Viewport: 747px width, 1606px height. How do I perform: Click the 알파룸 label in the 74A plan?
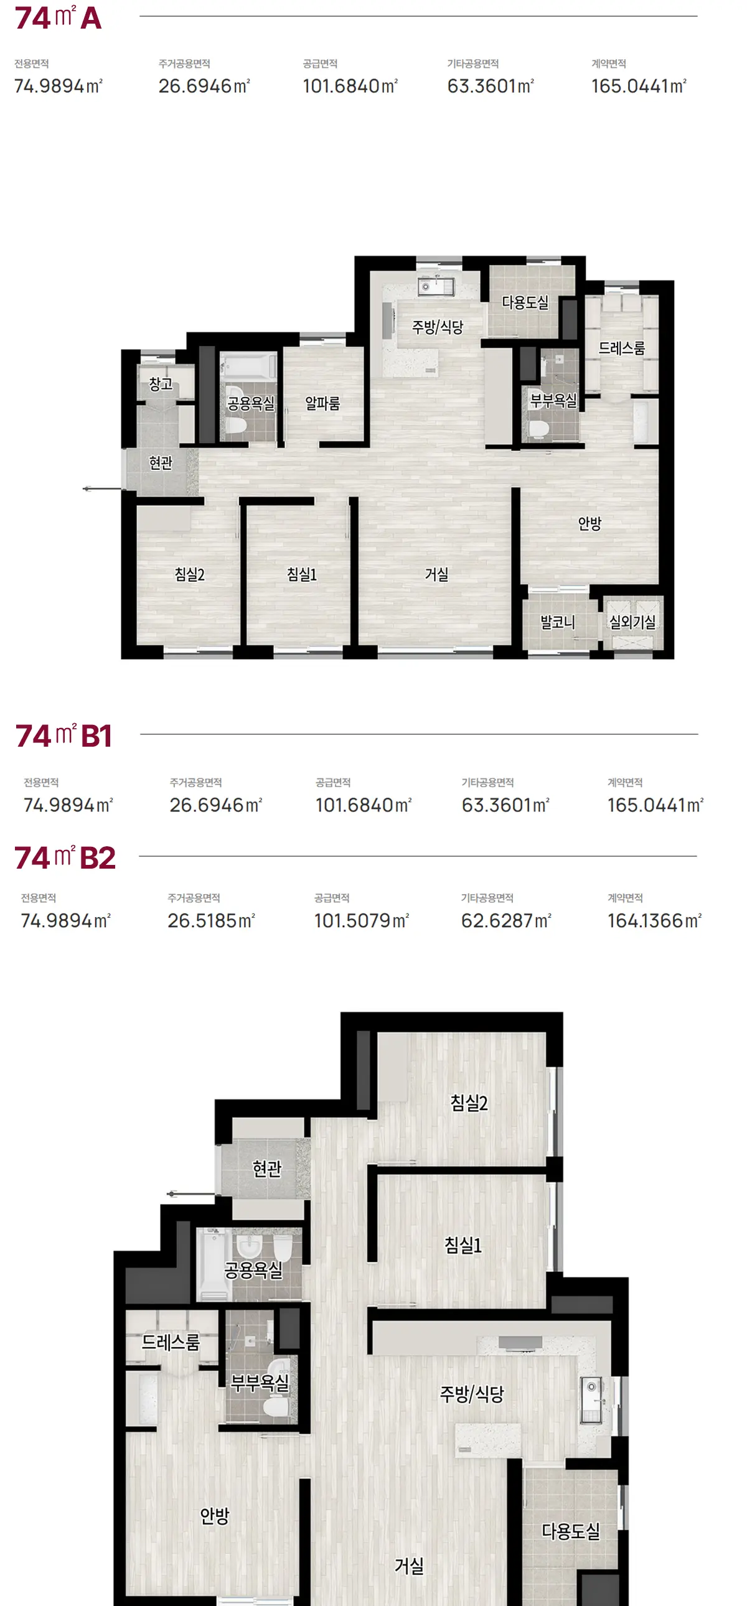coord(322,403)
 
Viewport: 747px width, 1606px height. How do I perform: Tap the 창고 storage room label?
coord(160,383)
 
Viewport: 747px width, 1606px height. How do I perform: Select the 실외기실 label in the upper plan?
coord(632,622)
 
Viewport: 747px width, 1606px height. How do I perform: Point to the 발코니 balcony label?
coord(557,622)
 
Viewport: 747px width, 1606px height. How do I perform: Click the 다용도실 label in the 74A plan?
coord(525,302)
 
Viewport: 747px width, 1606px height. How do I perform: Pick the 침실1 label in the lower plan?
coord(463,1245)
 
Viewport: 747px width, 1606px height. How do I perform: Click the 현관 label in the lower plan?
coord(267,1169)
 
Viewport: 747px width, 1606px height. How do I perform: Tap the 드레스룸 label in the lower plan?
coord(171,1342)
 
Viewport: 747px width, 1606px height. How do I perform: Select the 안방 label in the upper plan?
coord(590,523)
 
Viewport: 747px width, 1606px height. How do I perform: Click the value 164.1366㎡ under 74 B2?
coord(655,920)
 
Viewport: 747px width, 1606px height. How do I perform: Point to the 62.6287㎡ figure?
coord(506,920)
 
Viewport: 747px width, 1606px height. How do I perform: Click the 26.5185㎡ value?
coord(212,920)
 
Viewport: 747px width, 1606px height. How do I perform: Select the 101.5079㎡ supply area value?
coord(362,920)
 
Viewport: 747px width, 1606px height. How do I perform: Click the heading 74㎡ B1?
coord(63,735)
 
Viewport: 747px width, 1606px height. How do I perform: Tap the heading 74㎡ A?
coord(58,17)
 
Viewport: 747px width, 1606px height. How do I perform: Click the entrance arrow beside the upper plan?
coord(101,489)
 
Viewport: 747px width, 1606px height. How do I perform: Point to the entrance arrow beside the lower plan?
coord(191,1195)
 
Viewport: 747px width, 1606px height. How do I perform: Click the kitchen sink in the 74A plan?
coord(436,286)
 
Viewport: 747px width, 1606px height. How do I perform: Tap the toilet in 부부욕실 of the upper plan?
coord(538,429)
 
